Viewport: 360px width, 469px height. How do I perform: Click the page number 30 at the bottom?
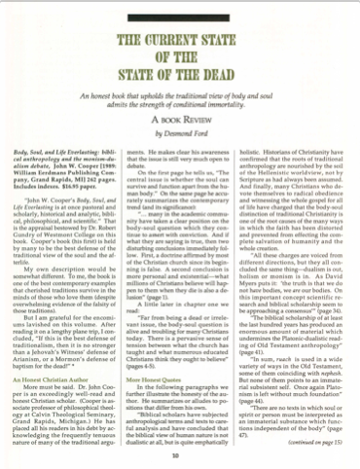[181, 452]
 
